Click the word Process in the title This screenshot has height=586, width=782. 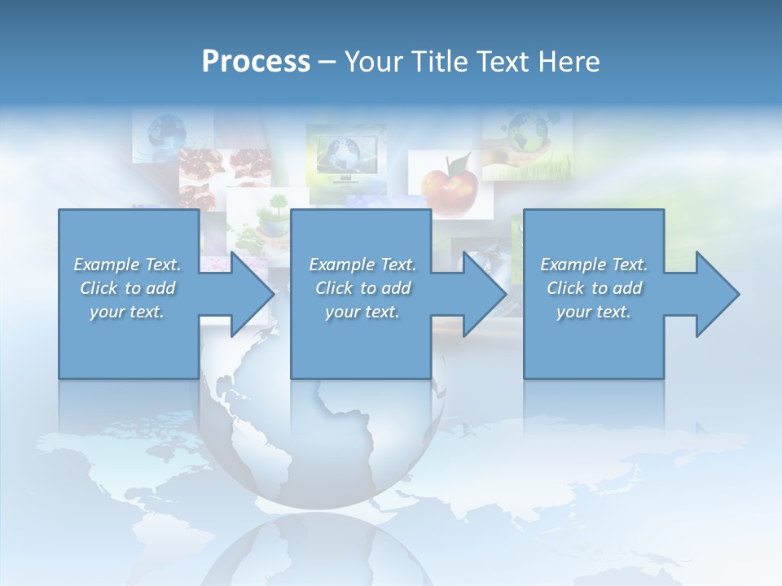coord(256,62)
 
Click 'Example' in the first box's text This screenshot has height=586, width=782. coord(106,265)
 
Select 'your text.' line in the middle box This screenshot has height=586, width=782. coord(362,312)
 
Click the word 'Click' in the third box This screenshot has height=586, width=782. coord(565,288)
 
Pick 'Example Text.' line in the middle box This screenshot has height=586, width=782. coord(362,265)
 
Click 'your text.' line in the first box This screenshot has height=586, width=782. coord(127,312)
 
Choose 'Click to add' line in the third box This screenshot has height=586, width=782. coord(594,288)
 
